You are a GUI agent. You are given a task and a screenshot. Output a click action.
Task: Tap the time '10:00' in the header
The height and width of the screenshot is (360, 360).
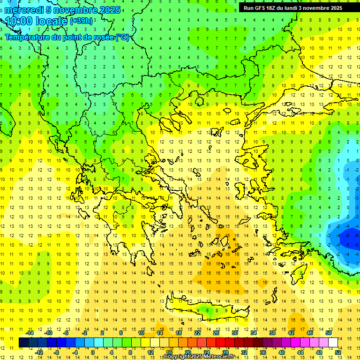[x=19, y=21]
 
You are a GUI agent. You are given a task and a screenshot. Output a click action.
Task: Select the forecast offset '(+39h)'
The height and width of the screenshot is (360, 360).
[x=81, y=21]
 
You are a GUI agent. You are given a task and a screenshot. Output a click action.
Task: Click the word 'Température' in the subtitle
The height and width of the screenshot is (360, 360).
[x=28, y=37]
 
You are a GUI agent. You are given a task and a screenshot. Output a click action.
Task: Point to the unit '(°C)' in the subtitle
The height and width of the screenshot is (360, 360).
[x=123, y=37]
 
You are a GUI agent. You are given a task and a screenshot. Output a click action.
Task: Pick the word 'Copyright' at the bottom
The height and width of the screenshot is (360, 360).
[x=177, y=357]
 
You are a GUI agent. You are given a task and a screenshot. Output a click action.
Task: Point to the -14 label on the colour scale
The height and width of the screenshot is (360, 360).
[x=29, y=333]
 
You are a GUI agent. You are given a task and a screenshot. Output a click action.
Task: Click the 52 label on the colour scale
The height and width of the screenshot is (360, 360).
[x=338, y=352]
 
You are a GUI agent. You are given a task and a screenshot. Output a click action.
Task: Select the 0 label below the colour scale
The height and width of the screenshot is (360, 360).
[x=92, y=352]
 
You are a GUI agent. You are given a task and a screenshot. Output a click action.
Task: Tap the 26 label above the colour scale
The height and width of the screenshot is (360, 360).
[x=216, y=333]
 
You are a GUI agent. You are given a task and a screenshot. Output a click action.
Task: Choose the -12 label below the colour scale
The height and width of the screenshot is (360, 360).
[x=39, y=352]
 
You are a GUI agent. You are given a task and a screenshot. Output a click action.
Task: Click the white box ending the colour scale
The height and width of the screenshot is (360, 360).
[x=333, y=343]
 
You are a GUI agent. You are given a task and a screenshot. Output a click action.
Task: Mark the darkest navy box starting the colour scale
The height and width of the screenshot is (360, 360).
[x=23, y=343]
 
